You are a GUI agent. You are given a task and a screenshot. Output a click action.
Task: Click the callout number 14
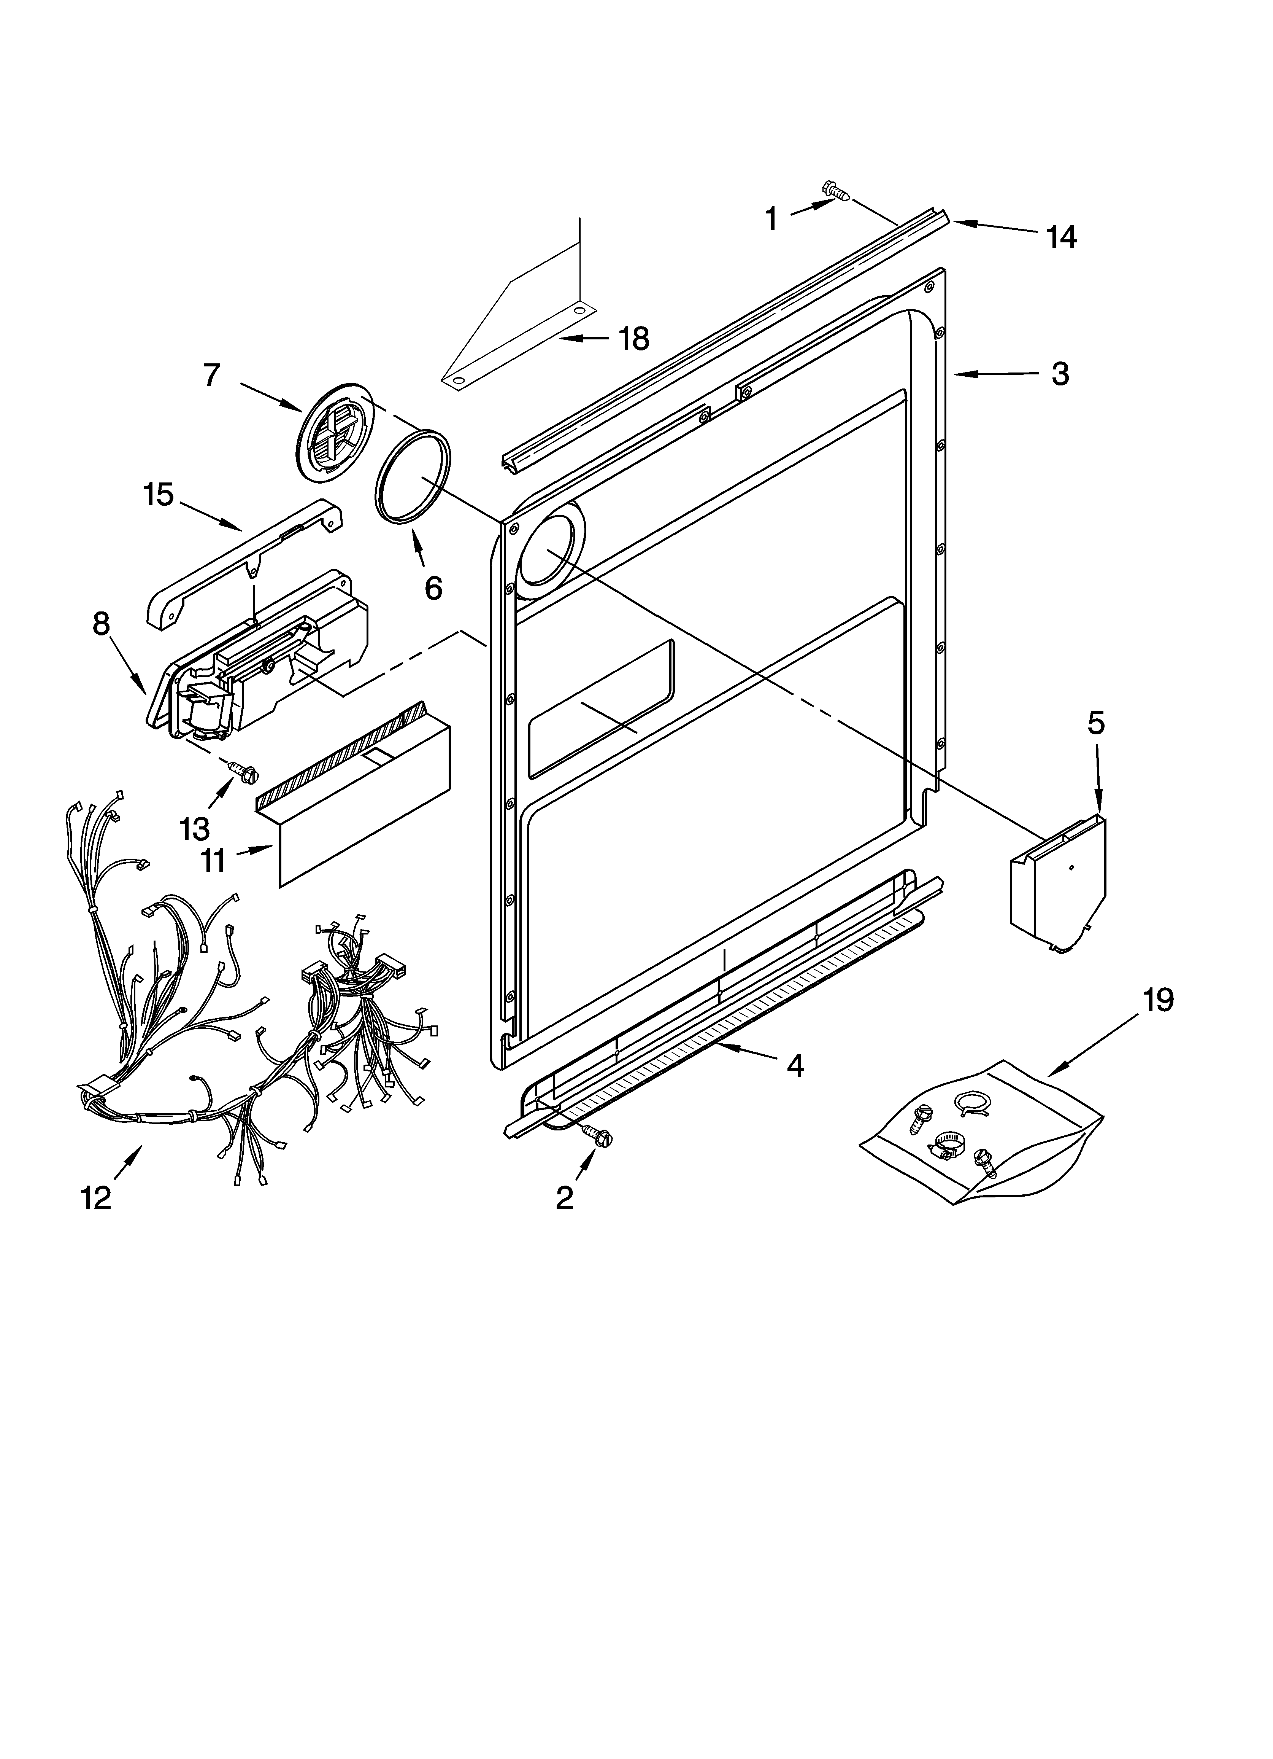coord(1060,237)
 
